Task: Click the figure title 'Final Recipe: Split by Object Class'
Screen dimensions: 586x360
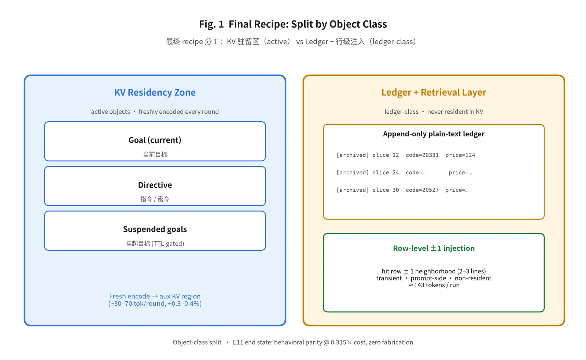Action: point(307,24)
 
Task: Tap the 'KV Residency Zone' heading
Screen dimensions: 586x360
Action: point(155,92)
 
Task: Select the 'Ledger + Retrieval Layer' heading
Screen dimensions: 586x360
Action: point(434,92)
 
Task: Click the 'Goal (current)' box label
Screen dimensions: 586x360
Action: point(155,140)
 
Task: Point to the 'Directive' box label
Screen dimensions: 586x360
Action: point(155,185)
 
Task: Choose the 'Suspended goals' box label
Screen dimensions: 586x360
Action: point(155,229)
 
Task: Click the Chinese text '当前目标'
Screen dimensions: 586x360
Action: point(155,154)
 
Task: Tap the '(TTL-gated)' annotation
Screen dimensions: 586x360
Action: point(168,243)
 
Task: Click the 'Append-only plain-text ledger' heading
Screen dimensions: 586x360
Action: point(434,134)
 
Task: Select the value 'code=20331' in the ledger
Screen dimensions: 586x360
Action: point(422,155)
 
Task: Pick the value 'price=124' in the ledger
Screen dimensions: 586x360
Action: point(460,155)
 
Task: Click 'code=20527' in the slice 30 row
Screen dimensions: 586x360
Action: point(422,190)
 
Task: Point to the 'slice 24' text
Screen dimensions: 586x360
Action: point(386,172)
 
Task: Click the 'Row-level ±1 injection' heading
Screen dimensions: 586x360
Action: point(434,248)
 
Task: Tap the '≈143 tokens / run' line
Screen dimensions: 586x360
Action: point(434,285)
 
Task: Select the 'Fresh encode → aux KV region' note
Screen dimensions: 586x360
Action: point(155,296)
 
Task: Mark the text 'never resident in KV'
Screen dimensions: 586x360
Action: point(455,112)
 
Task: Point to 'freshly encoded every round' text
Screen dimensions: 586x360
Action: point(179,112)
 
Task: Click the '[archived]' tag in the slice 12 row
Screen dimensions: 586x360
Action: point(353,155)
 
